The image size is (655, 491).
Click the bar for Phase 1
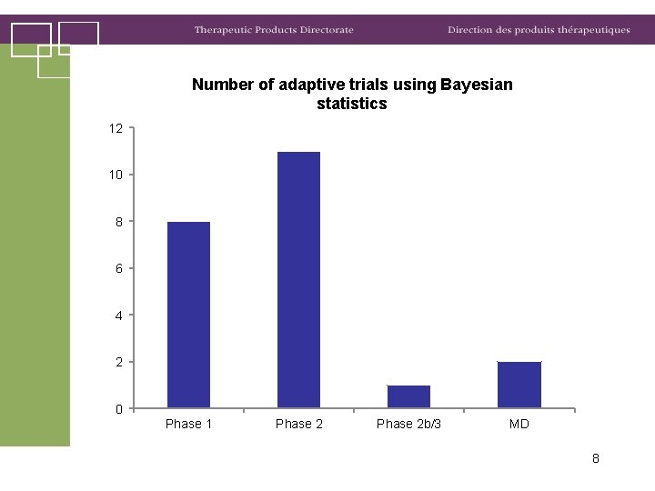tap(188, 315)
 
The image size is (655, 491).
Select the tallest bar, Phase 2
tap(298, 279)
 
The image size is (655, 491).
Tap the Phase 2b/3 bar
tap(408, 396)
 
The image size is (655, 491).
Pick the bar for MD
tap(519, 385)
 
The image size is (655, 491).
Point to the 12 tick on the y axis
tap(116, 128)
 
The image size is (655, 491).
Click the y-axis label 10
tap(116, 175)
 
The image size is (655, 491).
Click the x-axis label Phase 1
tap(189, 424)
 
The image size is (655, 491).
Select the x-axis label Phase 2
tap(299, 424)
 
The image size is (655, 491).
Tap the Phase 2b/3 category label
tap(408, 424)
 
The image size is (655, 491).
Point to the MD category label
tap(519, 424)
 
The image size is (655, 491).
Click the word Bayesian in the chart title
tap(476, 85)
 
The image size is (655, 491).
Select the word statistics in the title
tap(352, 104)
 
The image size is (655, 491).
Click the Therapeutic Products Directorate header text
tap(273, 30)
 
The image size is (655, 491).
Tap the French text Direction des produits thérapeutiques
tap(539, 30)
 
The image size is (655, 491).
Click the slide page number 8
tap(595, 458)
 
